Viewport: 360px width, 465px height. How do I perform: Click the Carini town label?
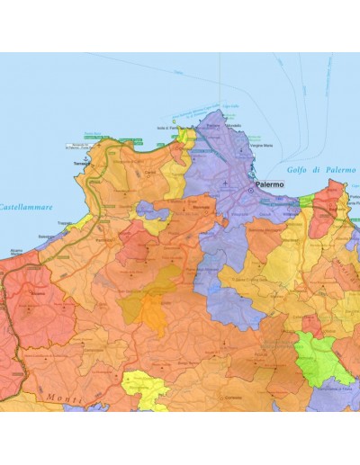click(150, 171)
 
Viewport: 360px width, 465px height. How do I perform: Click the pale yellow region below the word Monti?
click(144, 389)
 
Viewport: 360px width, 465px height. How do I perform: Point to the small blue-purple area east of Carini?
click(150, 212)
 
